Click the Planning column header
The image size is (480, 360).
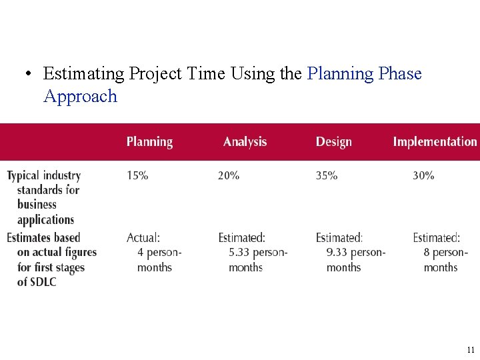pos(149,142)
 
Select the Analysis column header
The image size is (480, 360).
pos(245,142)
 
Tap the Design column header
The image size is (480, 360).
pos(333,142)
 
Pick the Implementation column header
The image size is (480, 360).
pos(435,142)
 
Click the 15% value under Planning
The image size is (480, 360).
pos(137,176)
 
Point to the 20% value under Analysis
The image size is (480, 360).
pos(229,176)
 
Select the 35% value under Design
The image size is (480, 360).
pos(327,176)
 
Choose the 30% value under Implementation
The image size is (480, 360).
pos(423,176)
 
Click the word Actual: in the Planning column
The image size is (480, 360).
pos(143,238)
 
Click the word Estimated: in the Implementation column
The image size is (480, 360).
pos(436,238)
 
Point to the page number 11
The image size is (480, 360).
pos(471,349)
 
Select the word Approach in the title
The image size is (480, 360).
pos(80,97)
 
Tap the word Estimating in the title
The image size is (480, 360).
pos(84,73)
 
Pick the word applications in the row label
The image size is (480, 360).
pos(45,220)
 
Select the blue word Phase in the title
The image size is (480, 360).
pos(400,73)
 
